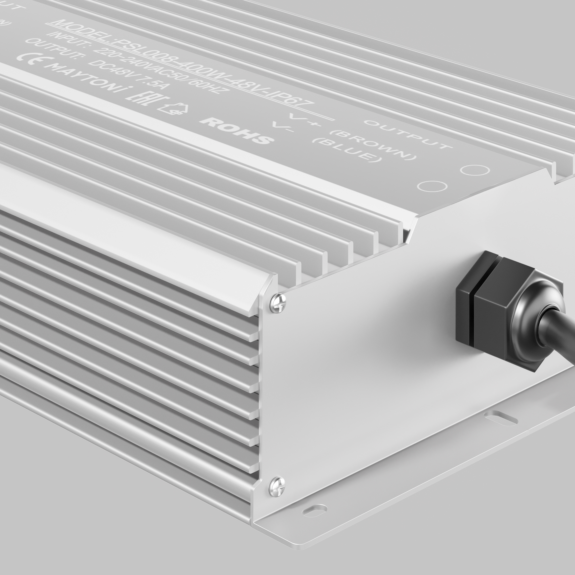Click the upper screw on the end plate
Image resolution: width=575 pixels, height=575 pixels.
click(278, 303)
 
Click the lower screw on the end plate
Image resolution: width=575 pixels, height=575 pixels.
click(277, 487)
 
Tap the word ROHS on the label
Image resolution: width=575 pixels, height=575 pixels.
click(237, 130)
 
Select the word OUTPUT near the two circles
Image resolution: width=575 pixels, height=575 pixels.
click(407, 135)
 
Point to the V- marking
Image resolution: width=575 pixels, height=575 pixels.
click(283, 127)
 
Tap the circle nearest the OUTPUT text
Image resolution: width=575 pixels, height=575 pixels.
click(475, 170)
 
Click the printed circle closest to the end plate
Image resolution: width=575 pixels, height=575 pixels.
click(432, 186)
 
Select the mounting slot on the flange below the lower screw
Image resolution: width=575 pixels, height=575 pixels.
click(314, 510)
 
